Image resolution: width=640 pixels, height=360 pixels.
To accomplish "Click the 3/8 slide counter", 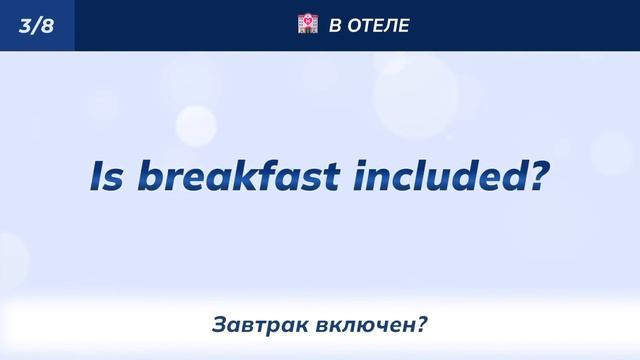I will point(36,25).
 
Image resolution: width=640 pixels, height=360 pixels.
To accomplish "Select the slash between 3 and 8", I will point(36,25).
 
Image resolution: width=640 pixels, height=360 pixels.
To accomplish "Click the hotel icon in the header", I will point(308,24).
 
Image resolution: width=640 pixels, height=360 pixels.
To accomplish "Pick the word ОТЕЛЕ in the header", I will point(378,25).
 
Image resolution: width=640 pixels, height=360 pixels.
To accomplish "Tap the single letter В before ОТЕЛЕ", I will point(335,25).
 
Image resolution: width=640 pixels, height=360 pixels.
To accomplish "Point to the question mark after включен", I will point(422,325).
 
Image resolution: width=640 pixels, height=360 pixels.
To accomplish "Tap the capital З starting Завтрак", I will point(219,325).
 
